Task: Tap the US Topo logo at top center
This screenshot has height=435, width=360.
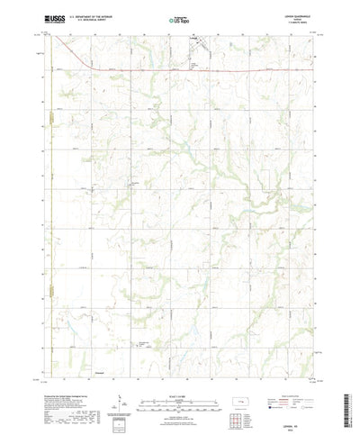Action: (x=180, y=17)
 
